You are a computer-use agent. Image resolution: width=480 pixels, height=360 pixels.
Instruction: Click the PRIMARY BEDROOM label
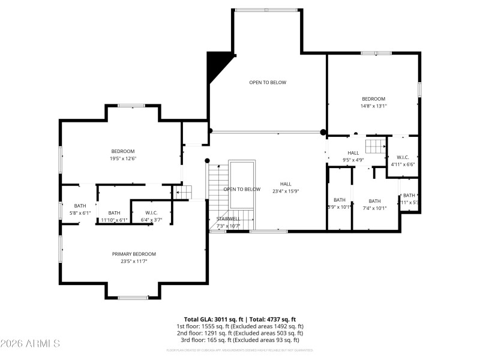[134, 254]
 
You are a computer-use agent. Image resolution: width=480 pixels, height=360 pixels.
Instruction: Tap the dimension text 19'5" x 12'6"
[123, 159]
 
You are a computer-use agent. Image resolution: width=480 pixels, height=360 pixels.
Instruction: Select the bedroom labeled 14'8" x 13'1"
[373, 102]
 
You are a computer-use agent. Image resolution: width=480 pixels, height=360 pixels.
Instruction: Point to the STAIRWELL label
[228, 219]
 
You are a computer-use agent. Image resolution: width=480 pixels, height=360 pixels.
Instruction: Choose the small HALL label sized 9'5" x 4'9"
[353, 153]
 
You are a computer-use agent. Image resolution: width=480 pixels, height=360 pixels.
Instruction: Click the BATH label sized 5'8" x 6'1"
[80, 209]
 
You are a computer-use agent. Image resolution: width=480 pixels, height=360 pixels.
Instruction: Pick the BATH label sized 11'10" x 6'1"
[114, 217]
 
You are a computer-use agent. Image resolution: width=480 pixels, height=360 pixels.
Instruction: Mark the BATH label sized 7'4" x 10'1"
[374, 205]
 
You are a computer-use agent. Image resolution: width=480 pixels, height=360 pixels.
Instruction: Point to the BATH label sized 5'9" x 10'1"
[340, 204]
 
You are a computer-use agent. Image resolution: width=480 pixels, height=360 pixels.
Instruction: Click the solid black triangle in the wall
[214, 65]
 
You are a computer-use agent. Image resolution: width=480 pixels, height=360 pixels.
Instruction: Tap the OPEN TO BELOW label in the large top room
[268, 82]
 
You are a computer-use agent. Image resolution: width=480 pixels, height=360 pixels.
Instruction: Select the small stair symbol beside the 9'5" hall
[376, 146]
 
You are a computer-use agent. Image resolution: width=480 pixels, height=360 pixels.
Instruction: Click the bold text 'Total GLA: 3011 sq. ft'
[214, 320]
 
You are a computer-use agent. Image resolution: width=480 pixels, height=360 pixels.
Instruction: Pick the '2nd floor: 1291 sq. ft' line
[239, 333]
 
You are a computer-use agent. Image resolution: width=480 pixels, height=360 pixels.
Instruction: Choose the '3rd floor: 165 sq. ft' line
[239, 340]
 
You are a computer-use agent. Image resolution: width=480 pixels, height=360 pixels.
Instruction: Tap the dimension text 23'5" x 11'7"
[134, 262]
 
